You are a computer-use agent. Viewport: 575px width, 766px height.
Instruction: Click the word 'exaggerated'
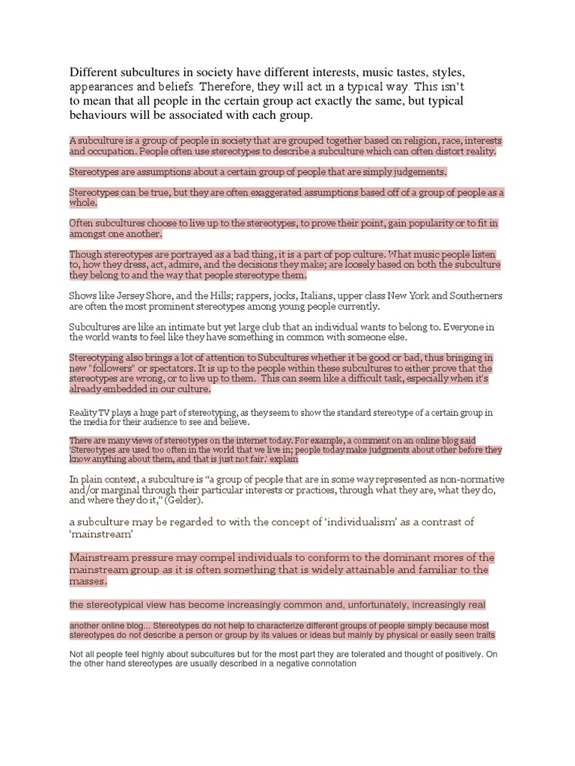(x=269, y=192)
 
